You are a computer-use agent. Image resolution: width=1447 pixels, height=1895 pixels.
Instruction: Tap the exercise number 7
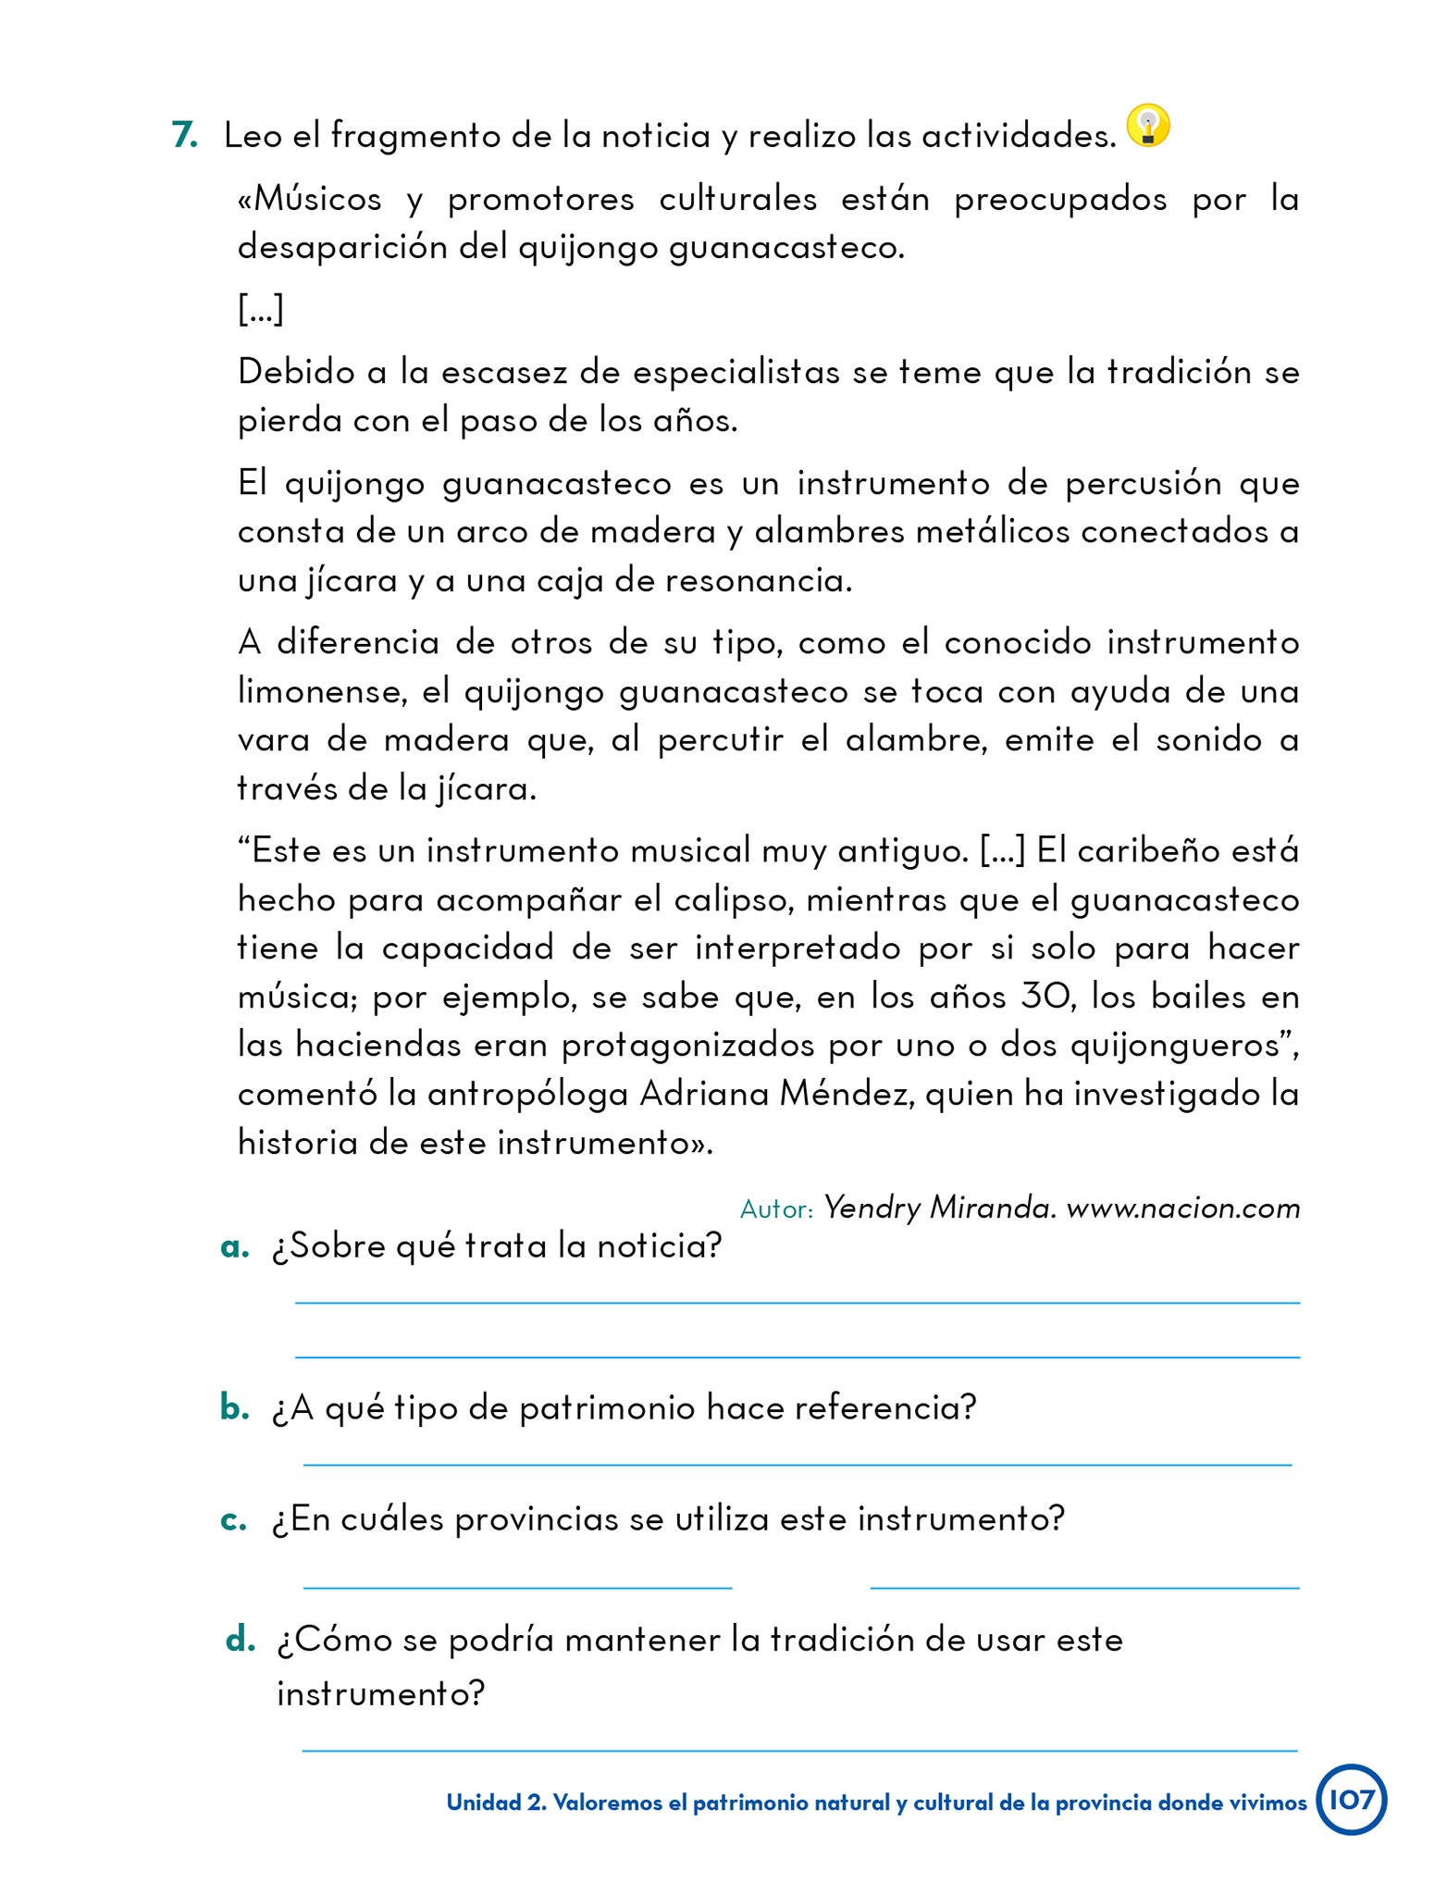(x=184, y=136)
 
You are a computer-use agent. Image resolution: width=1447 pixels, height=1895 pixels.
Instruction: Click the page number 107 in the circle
(x=1352, y=1800)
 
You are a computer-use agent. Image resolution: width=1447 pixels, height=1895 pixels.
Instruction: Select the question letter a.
(x=235, y=1246)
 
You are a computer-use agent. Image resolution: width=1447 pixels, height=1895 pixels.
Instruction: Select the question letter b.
(x=235, y=1407)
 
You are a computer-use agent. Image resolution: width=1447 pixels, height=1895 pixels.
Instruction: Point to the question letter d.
(x=240, y=1640)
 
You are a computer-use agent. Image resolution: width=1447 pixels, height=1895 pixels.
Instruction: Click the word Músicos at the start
(x=315, y=199)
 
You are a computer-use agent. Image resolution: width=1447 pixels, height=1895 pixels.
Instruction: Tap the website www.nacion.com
(x=1183, y=1208)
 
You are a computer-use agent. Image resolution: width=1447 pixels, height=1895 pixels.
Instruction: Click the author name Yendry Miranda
(x=939, y=1208)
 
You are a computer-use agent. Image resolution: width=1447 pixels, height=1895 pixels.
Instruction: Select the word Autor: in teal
(x=776, y=1209)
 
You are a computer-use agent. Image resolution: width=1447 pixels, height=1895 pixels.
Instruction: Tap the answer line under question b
(x=797, y=1464)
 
